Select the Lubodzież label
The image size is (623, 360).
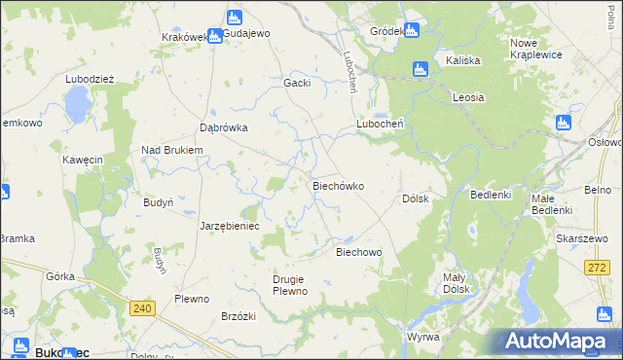90,80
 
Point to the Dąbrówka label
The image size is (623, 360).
224,127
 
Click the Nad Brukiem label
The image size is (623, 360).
171,150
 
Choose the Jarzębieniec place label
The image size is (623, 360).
229,225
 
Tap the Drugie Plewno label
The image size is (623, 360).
290,285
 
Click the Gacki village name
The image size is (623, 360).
296,83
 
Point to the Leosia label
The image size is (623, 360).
468,97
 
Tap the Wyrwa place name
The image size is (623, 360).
423,336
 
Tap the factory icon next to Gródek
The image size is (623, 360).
412,30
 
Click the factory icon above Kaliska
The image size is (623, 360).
421,68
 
